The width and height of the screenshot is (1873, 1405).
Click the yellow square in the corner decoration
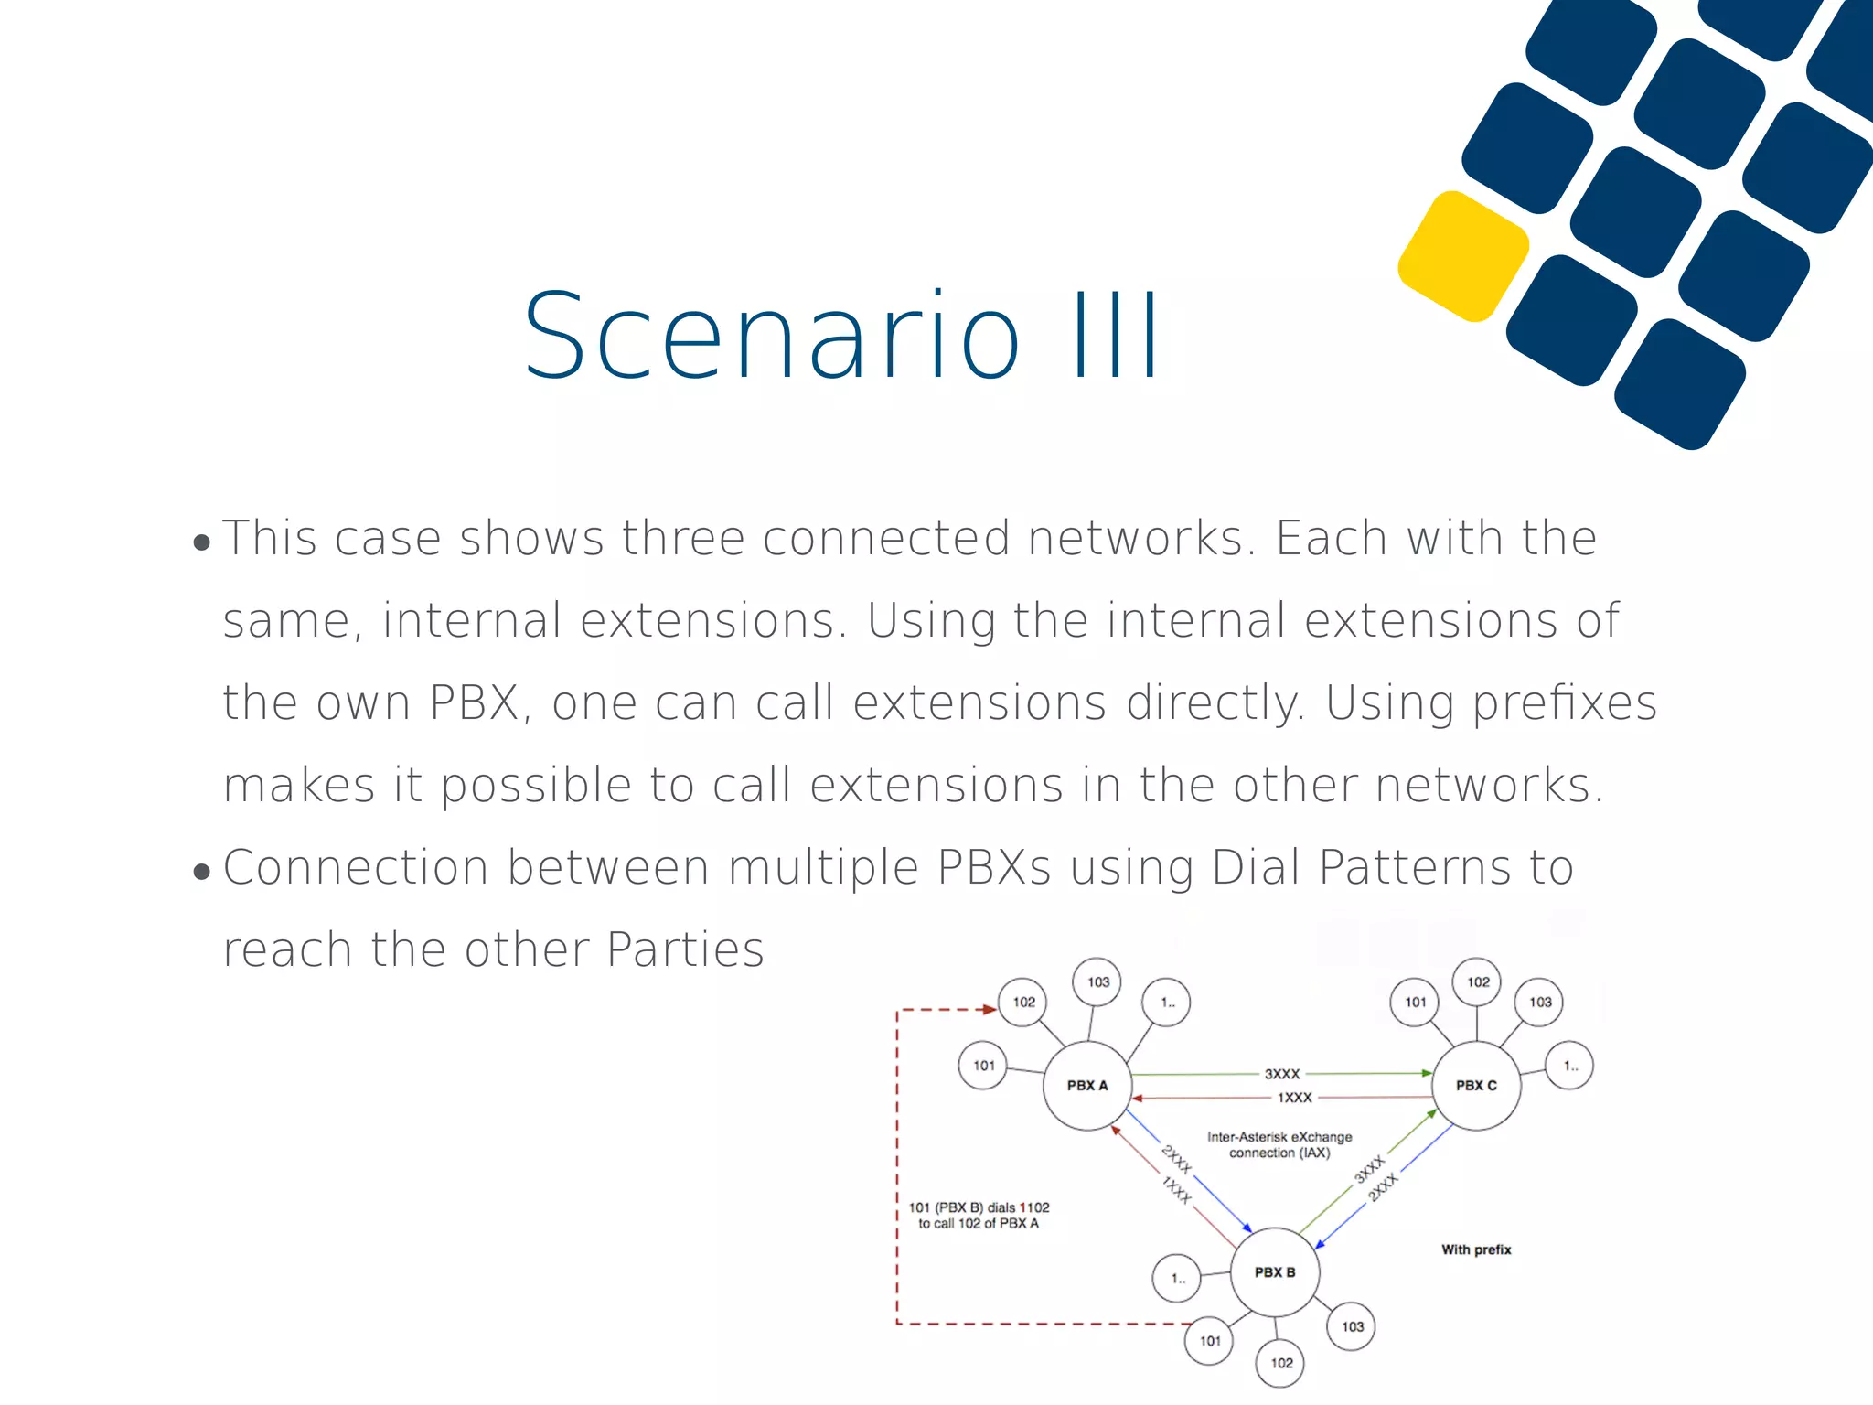click(x=1463, y=256)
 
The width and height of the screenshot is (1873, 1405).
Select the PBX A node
click(x=1087, y=1086)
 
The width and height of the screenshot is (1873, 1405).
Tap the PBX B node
click(x=1275, y=1272)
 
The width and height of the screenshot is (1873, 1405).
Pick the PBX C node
click(x=1476, y=1086)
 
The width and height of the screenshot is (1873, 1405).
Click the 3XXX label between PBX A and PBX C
click(x=1282, y=1074)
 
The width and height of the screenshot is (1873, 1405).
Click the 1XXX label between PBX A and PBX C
click(x=1294, y=1098)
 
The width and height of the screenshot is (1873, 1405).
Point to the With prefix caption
click(x=1476, y=1249)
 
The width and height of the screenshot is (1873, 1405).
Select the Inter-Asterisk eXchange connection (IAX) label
click(x=1279, y=1144)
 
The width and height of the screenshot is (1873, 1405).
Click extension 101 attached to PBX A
click(x=983, y=1066)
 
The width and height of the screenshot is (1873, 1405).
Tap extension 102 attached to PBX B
click(x=1281, y=1363)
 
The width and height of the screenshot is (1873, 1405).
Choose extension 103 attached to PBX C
click(x=1540, y=1003)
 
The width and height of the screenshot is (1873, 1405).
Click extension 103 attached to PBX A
click(x=1097, y=982)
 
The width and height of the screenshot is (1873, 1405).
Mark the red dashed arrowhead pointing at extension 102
click(x=989, y=1010)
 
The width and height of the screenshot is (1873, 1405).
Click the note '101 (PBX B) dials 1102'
click(x=979, y=1207)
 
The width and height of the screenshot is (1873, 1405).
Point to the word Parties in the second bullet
click(x=685, y=949)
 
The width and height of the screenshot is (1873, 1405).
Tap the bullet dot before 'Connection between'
click(x=202, y=873)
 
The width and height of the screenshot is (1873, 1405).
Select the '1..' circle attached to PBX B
click(x=1178, y=1279)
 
